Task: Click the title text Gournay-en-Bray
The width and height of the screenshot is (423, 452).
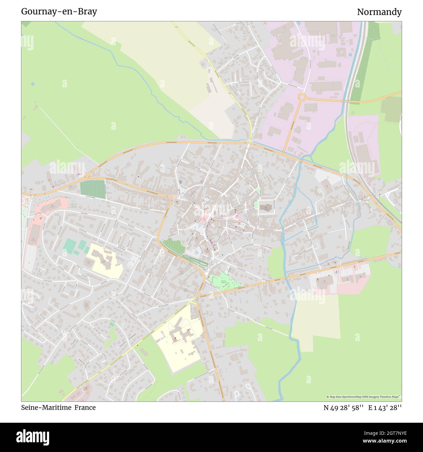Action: pos(59,12)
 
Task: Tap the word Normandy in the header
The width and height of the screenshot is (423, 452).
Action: pos(379,12)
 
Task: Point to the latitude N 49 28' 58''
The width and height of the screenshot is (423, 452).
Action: pos(343,408)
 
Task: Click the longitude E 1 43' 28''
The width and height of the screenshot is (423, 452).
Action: pos(385,408)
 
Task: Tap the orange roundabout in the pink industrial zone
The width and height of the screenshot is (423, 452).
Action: pos(302,97)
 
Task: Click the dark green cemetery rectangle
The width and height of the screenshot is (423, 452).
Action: pos(93,189)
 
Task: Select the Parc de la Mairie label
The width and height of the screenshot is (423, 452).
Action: pos(224,282)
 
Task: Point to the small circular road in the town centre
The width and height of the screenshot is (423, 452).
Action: pos(207,198)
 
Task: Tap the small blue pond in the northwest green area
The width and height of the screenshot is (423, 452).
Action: pos(33,84)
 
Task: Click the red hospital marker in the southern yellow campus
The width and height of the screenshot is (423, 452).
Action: pos(176,338)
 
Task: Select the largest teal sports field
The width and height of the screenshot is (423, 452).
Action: pos(69,246)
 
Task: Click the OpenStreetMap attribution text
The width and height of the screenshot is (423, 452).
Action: pos(364,397)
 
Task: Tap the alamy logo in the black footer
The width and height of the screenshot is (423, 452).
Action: pos(33,437)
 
